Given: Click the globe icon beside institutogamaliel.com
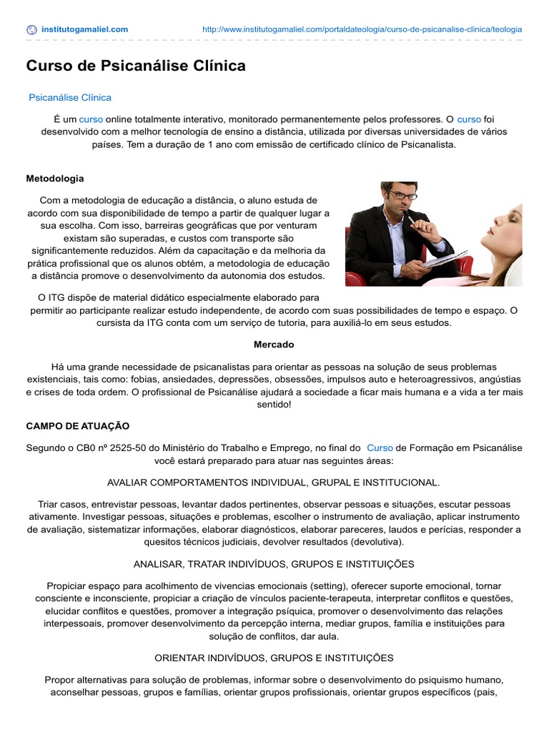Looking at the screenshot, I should tap(31, 29).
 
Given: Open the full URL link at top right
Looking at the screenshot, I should tap(362, 29).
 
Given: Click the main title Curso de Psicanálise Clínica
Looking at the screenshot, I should tap(136, 66).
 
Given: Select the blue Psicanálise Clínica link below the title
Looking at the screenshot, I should tap(70, 97).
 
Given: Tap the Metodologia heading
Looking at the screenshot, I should tap(55, 178).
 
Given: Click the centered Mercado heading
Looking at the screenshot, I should tap(274, 345).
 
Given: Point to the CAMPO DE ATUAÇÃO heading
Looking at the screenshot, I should tap(78, 425).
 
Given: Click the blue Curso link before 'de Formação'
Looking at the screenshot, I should tap(380, 447).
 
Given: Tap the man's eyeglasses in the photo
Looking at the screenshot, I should tap(402, 194).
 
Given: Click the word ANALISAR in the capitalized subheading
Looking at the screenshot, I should tap(159, 564).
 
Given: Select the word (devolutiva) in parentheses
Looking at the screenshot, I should tap(378, 542).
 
